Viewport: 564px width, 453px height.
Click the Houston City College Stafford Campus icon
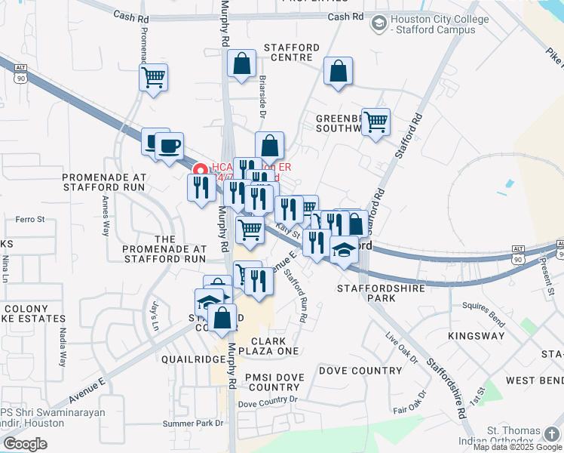pos(378,25)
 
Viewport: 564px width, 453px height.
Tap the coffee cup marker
pos(169,144)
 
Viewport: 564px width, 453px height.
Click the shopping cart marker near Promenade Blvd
pos(153,77)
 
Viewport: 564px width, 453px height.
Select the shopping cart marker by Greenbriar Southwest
pos(375,122)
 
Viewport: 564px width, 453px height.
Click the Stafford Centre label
pos(291,52)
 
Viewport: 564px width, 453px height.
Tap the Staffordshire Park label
pos(366,293)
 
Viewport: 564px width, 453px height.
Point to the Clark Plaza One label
pos(268,346)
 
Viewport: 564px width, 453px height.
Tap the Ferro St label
pos(31,220)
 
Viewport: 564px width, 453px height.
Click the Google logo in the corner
pos(25,443)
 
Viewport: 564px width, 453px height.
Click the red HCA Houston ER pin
pos(201,171)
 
